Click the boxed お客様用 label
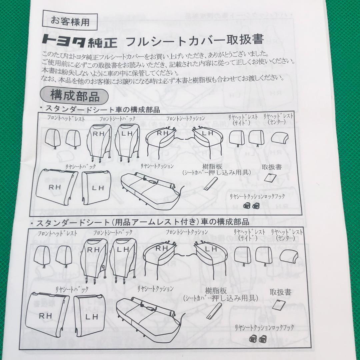[x=70, y=22]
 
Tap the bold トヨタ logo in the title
[x=64, y=41]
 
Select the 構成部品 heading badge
[x=74, y=96]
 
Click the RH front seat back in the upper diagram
[x=99, y=142]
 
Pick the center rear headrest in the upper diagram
[x=279, y=138]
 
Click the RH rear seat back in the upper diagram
[x=56, y=187]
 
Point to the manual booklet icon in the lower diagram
[x=279, y=305]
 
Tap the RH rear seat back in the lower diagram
[x=47, y=314]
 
